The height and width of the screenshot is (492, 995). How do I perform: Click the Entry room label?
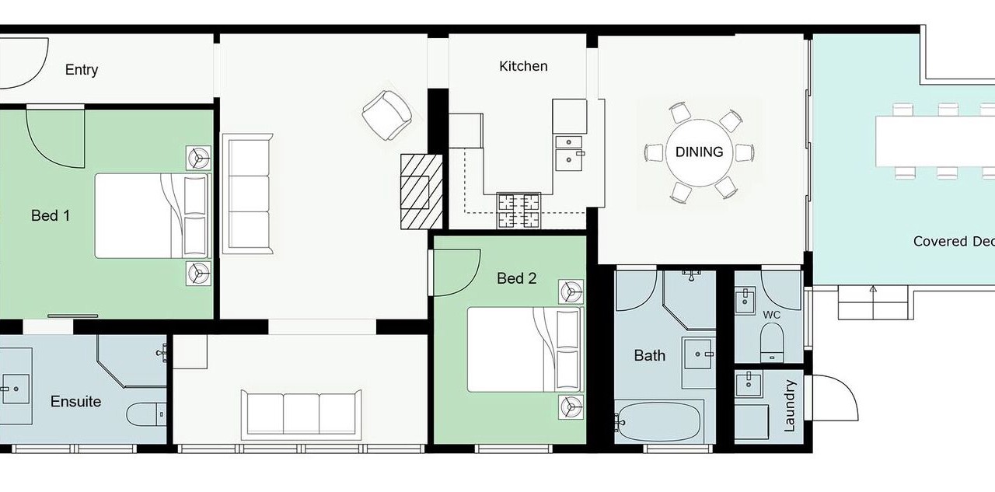pyautogui.click(x=82, y=70)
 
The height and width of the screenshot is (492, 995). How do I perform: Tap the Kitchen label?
pyautogui.click(x=523, y=66)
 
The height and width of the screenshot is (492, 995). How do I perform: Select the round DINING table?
pyautogui.click(x=699, y=152)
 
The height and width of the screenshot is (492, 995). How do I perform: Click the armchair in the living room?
pyautogui.click(x=387, y=116)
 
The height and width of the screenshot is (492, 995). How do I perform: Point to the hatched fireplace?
pyautogui.click(x=421, y=191)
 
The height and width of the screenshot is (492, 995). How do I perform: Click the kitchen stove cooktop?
pyautogui.click(x=518, y=211)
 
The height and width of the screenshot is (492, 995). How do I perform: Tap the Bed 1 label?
pyautogui.click(x=51, y=216)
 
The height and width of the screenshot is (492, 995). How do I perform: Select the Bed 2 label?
pyautogui.click(x=517, y=278)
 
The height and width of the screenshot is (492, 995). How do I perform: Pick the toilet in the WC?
pyautogui.click(x=772, y=342)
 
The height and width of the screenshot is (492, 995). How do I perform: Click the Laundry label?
pyautogui.click(x=789, y=406)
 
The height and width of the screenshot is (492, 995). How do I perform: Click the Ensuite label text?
pyautogui.click(x=75, y=401)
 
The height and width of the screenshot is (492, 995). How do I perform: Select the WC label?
pyautogui.click(x=772, y=315)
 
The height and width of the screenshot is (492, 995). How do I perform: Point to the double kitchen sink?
pyautogui.click(x=569, y=153)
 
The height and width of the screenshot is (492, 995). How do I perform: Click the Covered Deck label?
pyautogui.click(x=954, y=241)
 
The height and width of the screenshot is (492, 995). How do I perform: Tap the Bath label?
pyautogui.click(x=649, y=355)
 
